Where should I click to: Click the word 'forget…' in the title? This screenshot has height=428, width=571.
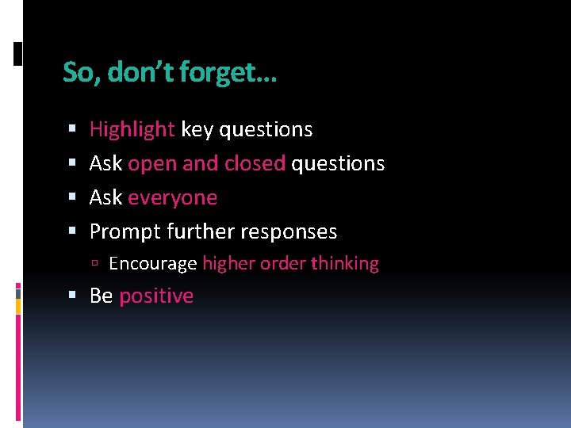(x=228, y=73)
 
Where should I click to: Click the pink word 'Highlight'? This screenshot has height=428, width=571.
(x=132, y=129)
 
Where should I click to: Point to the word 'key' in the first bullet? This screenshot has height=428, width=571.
(x=197, y=130)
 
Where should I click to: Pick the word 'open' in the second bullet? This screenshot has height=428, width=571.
(x=152, y=164)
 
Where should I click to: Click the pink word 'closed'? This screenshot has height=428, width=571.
(x=255, y=163)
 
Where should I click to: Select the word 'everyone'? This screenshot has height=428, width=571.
(x=172, y=198)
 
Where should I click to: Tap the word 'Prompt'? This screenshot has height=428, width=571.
(x=125, y=232)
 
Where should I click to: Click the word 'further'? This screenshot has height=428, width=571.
(x=201, y=231)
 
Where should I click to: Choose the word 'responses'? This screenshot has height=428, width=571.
(x=289, y=232)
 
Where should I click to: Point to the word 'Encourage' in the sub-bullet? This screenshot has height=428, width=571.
(x=152, y=264)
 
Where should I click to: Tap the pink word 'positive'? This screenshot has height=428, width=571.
(x=156, y=296)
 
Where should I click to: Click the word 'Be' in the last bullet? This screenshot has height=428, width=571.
(x=101, y=296)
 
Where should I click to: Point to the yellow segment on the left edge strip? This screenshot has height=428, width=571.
(x=18, y=304)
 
